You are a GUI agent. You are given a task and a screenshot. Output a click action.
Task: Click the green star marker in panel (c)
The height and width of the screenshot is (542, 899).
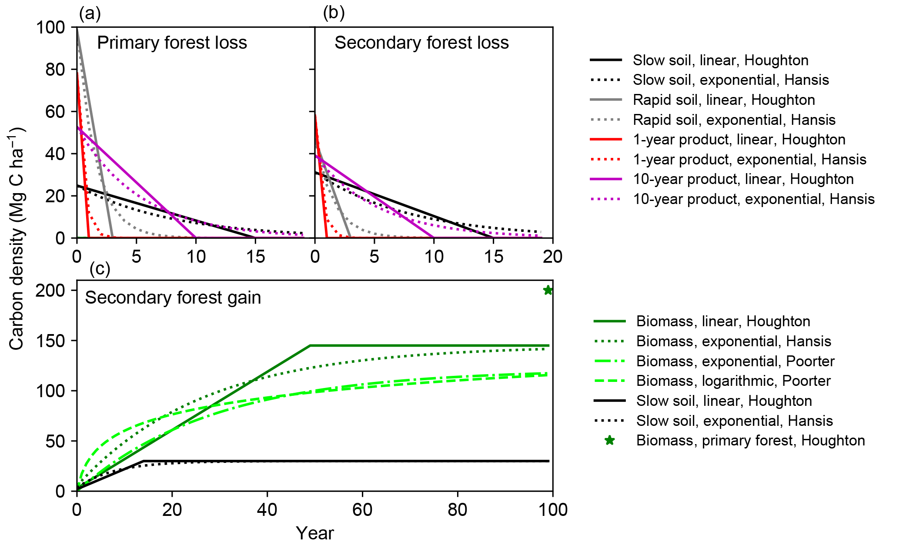click(548, 290)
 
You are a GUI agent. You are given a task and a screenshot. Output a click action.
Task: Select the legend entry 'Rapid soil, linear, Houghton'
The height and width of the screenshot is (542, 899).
click(724, 100)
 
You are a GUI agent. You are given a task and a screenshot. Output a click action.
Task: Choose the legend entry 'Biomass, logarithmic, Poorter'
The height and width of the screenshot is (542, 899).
click(733, 381)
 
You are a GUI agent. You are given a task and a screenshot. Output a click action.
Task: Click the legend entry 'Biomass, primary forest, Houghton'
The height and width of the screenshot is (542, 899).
click(750, 441)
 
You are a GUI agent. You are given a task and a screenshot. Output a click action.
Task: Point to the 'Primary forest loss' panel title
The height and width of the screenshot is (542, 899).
click(172, 43)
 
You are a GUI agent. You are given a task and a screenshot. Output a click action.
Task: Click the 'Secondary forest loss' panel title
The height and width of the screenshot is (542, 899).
click(421, 43)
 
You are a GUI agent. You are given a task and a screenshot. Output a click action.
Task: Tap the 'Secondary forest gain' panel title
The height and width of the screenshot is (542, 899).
click(173, 298)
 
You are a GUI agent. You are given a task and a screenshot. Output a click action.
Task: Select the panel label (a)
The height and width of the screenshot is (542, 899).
click(90, 14)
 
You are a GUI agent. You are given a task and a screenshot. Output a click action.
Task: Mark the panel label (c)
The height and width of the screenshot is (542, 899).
click(100, 269)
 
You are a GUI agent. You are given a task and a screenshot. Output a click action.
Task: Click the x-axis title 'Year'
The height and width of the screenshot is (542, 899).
click(315, 533)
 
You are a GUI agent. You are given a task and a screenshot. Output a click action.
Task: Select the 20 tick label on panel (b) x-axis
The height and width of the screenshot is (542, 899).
click(552, 257)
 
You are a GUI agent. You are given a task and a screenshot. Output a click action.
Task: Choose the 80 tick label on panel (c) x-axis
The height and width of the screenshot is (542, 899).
click(458, 509)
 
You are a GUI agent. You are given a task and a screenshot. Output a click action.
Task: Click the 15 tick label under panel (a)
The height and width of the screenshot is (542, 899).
click(255, 257)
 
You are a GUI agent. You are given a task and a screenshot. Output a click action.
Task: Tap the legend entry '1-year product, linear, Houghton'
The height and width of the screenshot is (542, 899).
click(739, 140)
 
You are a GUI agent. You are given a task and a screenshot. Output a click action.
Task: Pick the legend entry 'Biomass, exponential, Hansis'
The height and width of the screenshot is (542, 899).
click(734, 341)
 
